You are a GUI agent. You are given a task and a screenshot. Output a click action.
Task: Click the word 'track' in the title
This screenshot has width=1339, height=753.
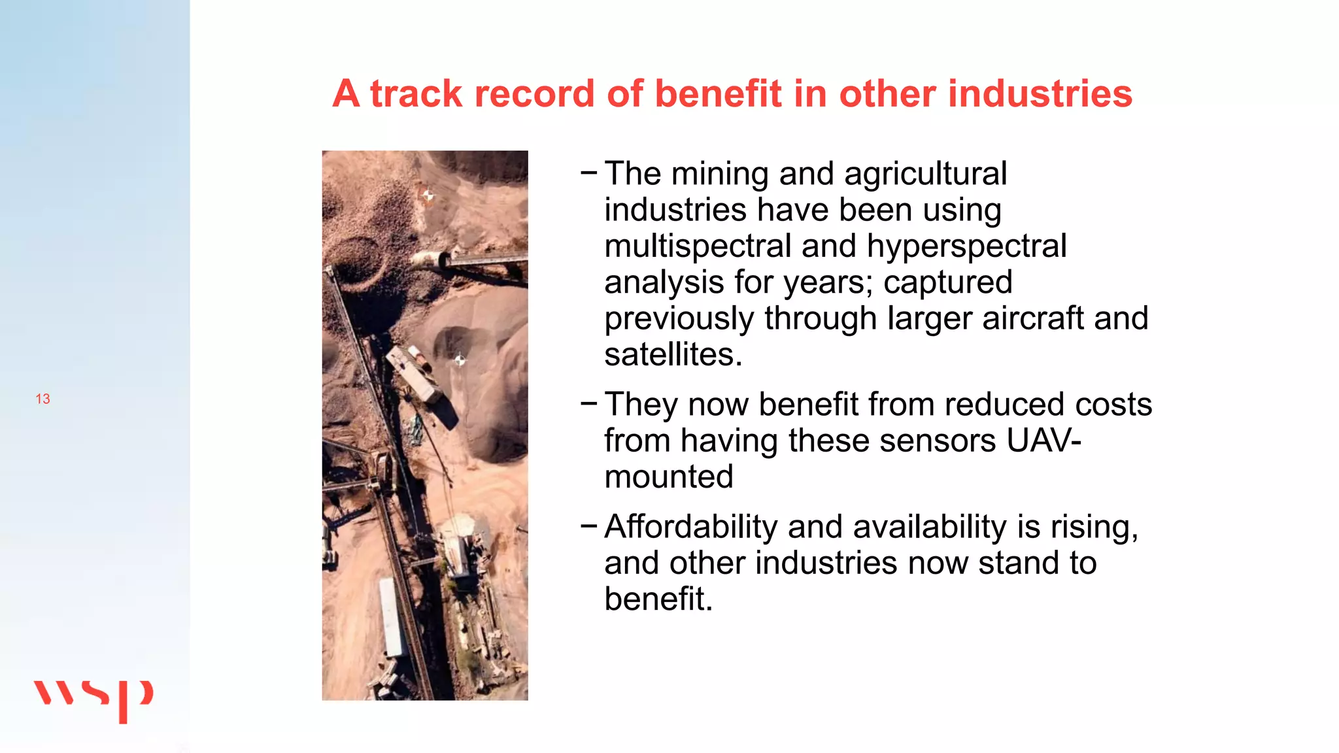tap(416, 93)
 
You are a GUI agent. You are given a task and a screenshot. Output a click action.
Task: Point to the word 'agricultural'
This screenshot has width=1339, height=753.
tap(925, 175)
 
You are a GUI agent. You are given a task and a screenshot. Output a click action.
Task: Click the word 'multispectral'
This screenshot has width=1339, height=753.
tap(698, 246)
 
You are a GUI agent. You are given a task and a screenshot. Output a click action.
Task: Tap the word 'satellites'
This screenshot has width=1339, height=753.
tap(672, 355)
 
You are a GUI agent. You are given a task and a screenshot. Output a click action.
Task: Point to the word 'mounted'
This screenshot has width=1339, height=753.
tap(668, 477)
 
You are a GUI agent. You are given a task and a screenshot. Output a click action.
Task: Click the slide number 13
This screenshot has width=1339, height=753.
tap(42, 399)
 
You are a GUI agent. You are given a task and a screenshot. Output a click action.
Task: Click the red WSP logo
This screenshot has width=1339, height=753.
tap(93, 699)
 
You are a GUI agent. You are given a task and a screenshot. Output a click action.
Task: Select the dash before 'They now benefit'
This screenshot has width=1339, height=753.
tap(588, 403)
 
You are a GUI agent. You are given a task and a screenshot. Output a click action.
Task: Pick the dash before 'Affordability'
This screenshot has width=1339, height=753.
tap(588, 525)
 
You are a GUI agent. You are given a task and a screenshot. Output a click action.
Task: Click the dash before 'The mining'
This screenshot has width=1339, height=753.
tap(588, 173)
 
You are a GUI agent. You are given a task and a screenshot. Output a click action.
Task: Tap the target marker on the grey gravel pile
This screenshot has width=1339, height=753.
tap(460, 360)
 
